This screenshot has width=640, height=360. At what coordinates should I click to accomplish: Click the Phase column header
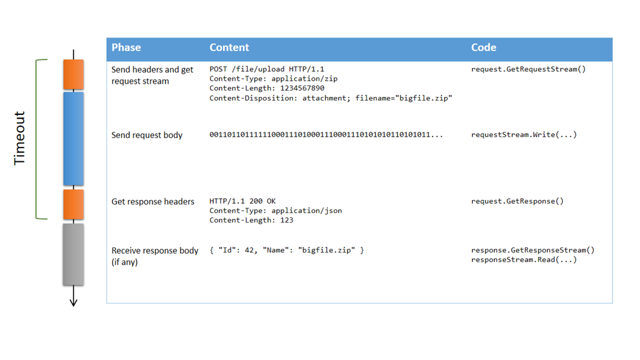pos(126,47)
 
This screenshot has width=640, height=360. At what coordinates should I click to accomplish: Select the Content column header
pos(229,47)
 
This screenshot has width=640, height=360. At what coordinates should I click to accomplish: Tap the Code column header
pos(483,47)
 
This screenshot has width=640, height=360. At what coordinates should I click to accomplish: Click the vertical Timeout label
pos(20,138)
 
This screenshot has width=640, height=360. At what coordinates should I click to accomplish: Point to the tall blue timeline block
pos(73,138)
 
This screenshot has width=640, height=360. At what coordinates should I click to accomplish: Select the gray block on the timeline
pos(73,254)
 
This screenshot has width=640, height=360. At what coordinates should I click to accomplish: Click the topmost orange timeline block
pos(73,74)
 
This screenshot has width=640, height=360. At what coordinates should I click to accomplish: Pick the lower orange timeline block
pos(73,204)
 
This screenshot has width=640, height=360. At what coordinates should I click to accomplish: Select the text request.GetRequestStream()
pos(528,69)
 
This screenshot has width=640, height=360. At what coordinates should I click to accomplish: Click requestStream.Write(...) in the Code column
pos(524,135)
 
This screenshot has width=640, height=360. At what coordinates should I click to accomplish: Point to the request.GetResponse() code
pos(517,201)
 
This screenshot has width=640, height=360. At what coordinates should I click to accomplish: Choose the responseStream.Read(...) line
pos(524,259)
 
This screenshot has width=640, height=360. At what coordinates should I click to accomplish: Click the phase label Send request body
pos(147,135)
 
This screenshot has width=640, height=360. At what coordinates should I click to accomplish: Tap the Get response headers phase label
pos(152,201)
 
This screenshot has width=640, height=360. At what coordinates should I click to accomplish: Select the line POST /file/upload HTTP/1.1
pos(267,69)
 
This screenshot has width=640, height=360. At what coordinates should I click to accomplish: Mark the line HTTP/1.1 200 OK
pos(242,201)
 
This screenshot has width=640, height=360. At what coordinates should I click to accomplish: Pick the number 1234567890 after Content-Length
pos(302,88)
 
